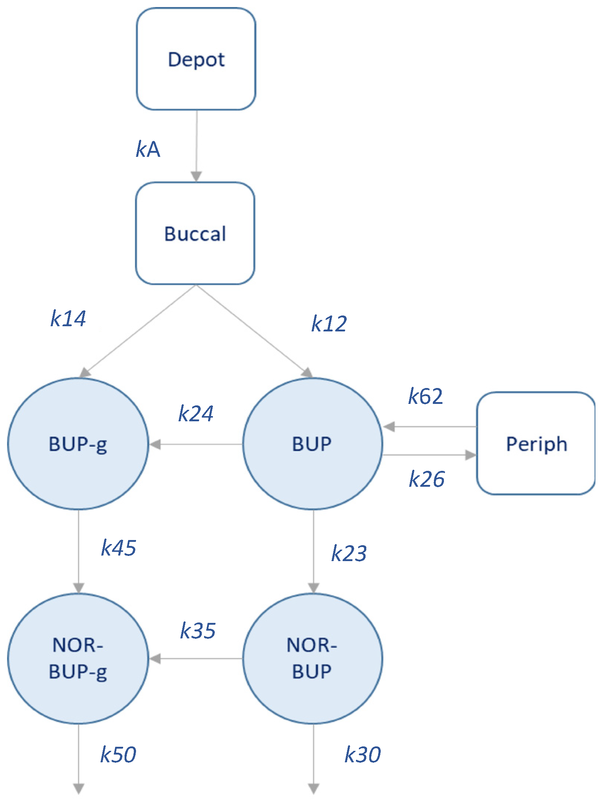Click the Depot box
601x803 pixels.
pyautogui.click(x=196, y=59)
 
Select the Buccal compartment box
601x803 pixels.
pyautogui.click(x=195, y=233)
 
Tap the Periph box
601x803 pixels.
pyautogui.click(x=536, y=443)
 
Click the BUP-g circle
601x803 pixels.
pyautogui.click(x=78, y=443)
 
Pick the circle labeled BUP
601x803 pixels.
pyautogui.click(x=312, y=443)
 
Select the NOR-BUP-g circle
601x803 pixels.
pyautogui.click(x=78, y=658)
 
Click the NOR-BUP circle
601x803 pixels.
pyautogui.click(x=312, y=658)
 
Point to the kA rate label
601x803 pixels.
pyautogui.click(x=148, y=149)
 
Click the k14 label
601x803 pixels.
pyautogui.click(x=68, y=318)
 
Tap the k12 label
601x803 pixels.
pyautogui.click(x=329, y=324)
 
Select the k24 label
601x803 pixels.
pyautogui.click(x=196, y=414)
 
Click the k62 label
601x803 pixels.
pyautogui.click(x=425, y=397)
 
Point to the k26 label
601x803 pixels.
pyautogui.click(x=427, y=479)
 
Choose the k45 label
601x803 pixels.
pyautogui.click(x=119, y=548)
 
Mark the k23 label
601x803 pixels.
pyautogui.click(x=349, y=554)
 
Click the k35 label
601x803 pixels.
pyautogui.click(x=198, y=631)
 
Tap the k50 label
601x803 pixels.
pyautogui.click(x=118, y=755)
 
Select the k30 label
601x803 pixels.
pyautogui.click(x=363, y=755)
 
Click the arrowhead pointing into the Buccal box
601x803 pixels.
pyautogui.click(x=196, y=176)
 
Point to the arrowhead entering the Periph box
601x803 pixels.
pyautogui.click(x=471, y=455)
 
